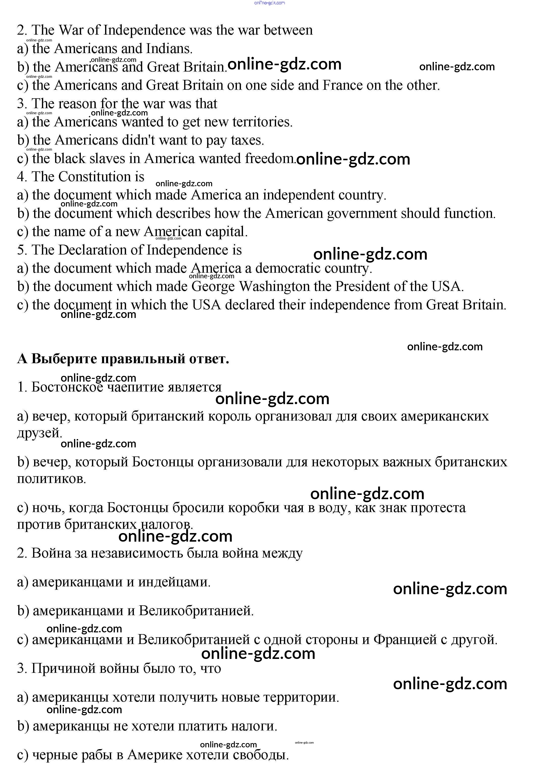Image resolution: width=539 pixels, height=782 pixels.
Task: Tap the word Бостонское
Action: pyautogui.click(x=67, y=387)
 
